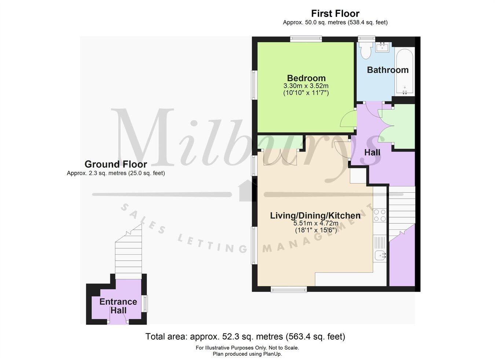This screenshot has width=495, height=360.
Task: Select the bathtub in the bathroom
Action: (x=405, y=72)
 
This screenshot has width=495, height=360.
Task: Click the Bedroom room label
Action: (x=306, y=78)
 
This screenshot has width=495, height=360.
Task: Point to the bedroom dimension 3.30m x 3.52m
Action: (x=306, y=86)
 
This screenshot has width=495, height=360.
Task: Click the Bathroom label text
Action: (x=388, y=70)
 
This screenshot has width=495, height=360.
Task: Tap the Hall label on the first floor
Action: (x=372, y=152)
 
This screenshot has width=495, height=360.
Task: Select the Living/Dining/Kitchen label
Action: (x=315, y=215)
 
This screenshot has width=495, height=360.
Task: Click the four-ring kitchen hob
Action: (x=380, y=215)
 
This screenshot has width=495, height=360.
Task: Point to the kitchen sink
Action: (x=380, y=255)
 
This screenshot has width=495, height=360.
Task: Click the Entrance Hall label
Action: (x=118, y=306)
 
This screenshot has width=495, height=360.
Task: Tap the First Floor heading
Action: (x=335, y=14)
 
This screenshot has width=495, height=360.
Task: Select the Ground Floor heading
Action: (x=115, y=164)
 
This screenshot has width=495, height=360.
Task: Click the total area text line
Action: (x=245, y=336)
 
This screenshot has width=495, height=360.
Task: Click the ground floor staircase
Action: (x=128, y=253)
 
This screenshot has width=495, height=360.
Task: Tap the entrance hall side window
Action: (x=146, y=303)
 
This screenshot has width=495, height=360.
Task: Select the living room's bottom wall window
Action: (x=289, y=290)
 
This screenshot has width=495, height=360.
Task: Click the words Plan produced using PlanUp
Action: (x=247, y=354)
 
